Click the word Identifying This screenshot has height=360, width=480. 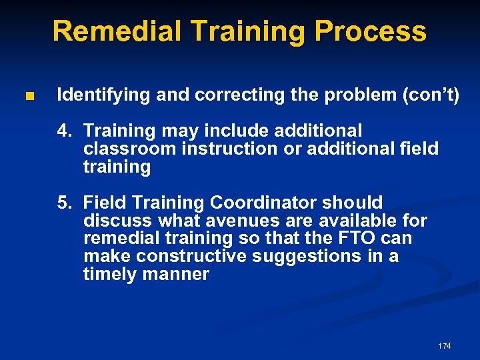pyautogui.click(x=104, y=95)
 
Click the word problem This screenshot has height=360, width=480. pyautogui.click(x=354, y=95)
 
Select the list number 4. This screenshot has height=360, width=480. pyautogui.click(x=63, y=131)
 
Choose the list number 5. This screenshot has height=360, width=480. pyautogui.click(x=63, y=203)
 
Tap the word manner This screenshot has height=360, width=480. pyautogui.click(x=179, y=275)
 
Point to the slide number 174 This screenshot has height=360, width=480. pyautogui.click(x=444, y=346)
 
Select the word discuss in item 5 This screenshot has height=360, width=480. pyautogui.click(x=117, y=221)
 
